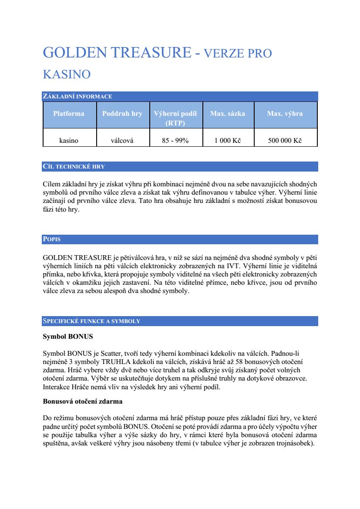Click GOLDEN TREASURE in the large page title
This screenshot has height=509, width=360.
[117, 53]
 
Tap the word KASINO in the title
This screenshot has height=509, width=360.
[67, 74]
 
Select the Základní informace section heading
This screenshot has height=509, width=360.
[77, 96]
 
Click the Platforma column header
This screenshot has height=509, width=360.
[69, 114]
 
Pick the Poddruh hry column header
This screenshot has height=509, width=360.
[122, 114]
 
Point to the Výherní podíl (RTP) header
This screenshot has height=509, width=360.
[175, 118]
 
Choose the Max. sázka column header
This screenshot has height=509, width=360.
[228, 114]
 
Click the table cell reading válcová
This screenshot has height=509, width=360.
[122, 141]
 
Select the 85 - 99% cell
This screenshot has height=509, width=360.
[175, 141]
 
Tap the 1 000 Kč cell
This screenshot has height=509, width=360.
[228, 141]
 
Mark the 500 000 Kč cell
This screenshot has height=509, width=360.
[285, 141]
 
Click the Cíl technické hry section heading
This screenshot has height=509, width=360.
[74, 166]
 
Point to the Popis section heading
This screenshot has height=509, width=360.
[52, 239]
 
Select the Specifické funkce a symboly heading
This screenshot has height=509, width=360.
[91, 321]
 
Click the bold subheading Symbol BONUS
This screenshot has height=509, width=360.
[67, 337]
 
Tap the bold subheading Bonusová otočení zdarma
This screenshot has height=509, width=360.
[82, 401]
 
